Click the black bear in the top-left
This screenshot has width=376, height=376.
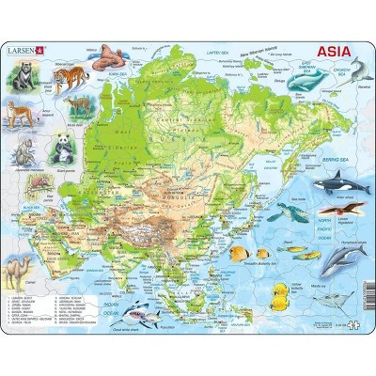click(x=21, y=80)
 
